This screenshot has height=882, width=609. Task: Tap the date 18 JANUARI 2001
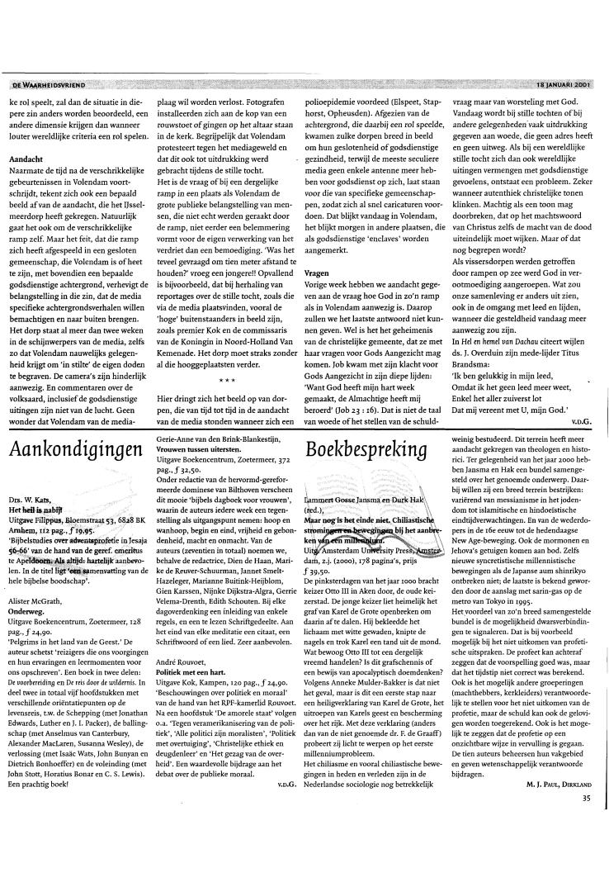pos(563,83)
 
